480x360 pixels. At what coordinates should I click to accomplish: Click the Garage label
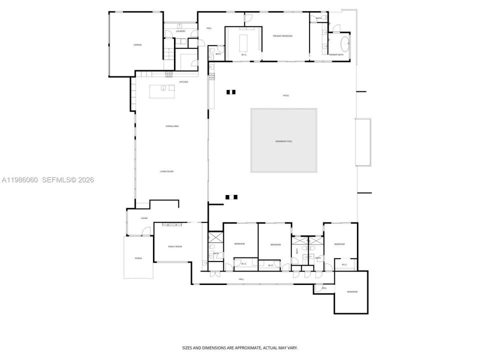point(137,45)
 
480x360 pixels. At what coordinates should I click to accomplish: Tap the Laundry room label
point(180,31)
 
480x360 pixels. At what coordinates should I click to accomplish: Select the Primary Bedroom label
point(282,36)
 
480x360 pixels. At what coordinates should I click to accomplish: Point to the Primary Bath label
point(336,54)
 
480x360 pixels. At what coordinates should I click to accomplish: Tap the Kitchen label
point(183,81)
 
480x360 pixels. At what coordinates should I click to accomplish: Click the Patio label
point(286,95)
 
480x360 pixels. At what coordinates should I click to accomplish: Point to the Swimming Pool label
point(283,141)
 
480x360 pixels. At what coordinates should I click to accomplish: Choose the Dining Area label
point(172,126)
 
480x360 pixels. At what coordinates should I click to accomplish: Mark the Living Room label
point(166,171)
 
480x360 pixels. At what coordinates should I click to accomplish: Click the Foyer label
point(144,218)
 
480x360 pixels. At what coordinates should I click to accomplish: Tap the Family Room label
point(174,246)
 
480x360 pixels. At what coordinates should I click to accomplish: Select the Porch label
point(138,258)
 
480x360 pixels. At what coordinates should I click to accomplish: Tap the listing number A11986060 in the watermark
point(19,180)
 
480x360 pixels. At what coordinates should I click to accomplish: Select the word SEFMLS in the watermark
point(56,180)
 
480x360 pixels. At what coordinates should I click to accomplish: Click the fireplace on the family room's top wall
point(172,224)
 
